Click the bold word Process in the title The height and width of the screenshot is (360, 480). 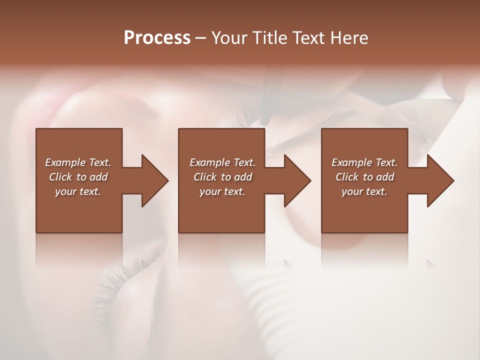click(x=157, y=38)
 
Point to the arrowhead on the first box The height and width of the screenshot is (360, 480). click(x=152, y=180)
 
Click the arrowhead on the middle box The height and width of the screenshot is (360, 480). click(x=295, y=180)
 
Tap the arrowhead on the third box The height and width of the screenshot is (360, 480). click(x=438, y=180)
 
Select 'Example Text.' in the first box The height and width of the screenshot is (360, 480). click(x=78, y=162)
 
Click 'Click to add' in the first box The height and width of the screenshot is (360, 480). click(x=78, y=177)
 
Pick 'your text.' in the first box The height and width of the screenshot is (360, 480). click(x=78, y=191)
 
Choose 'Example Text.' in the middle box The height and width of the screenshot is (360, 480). click(x=222, y=162)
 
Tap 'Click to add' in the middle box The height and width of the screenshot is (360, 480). click(x=222, y=177)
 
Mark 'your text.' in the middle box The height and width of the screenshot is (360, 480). click(x=222, y=191)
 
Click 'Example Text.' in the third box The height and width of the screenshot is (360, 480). click(x=364, y=162)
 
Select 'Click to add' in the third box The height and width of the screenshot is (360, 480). click(x=364, y=177)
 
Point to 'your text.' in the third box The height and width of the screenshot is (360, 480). click(x=364, y=191)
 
